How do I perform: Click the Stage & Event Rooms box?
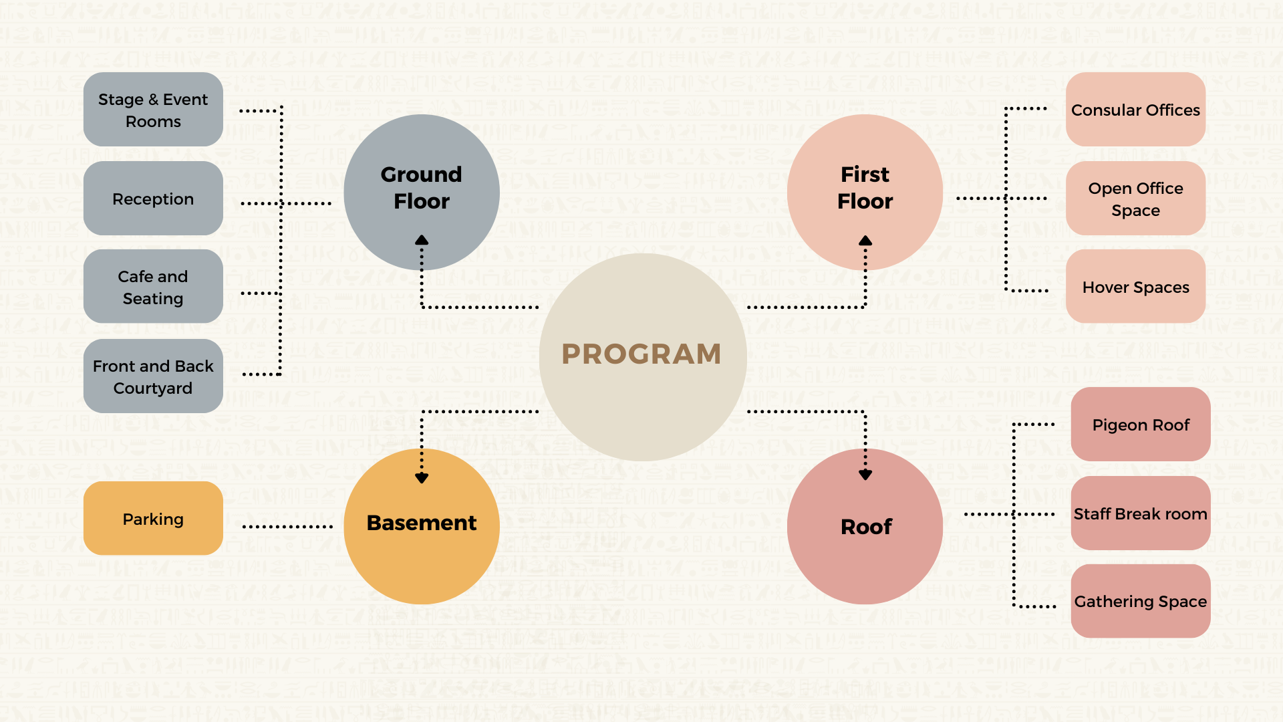153,110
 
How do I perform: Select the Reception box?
153,199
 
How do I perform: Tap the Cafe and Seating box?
153,287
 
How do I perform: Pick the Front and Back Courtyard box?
153,376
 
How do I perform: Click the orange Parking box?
153,519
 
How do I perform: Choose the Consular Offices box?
1135,110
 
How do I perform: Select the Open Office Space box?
1135,199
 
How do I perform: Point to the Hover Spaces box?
1135,287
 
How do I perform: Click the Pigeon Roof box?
1141,425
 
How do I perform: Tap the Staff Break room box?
1141,513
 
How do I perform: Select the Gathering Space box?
1141,601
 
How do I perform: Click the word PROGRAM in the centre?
641,354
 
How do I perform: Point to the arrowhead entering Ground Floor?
422,240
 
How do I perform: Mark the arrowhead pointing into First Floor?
865,241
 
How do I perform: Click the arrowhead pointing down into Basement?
422,478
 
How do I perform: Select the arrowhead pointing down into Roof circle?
865,475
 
